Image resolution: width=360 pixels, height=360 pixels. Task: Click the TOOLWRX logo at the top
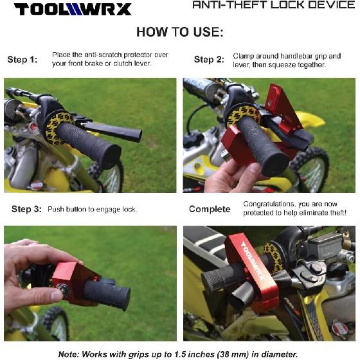73,9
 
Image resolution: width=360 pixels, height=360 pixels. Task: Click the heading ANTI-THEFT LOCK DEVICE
274,5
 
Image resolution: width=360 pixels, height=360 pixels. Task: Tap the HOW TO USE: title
180,32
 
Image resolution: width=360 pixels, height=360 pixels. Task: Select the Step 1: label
22,60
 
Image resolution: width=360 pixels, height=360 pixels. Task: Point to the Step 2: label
209,60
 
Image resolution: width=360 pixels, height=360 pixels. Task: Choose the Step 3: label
26,209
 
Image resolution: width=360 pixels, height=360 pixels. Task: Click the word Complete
210,209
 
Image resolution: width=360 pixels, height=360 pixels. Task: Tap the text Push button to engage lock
93,210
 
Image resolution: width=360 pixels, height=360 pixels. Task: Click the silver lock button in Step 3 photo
61,287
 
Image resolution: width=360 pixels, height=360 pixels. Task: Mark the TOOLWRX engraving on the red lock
252,261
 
